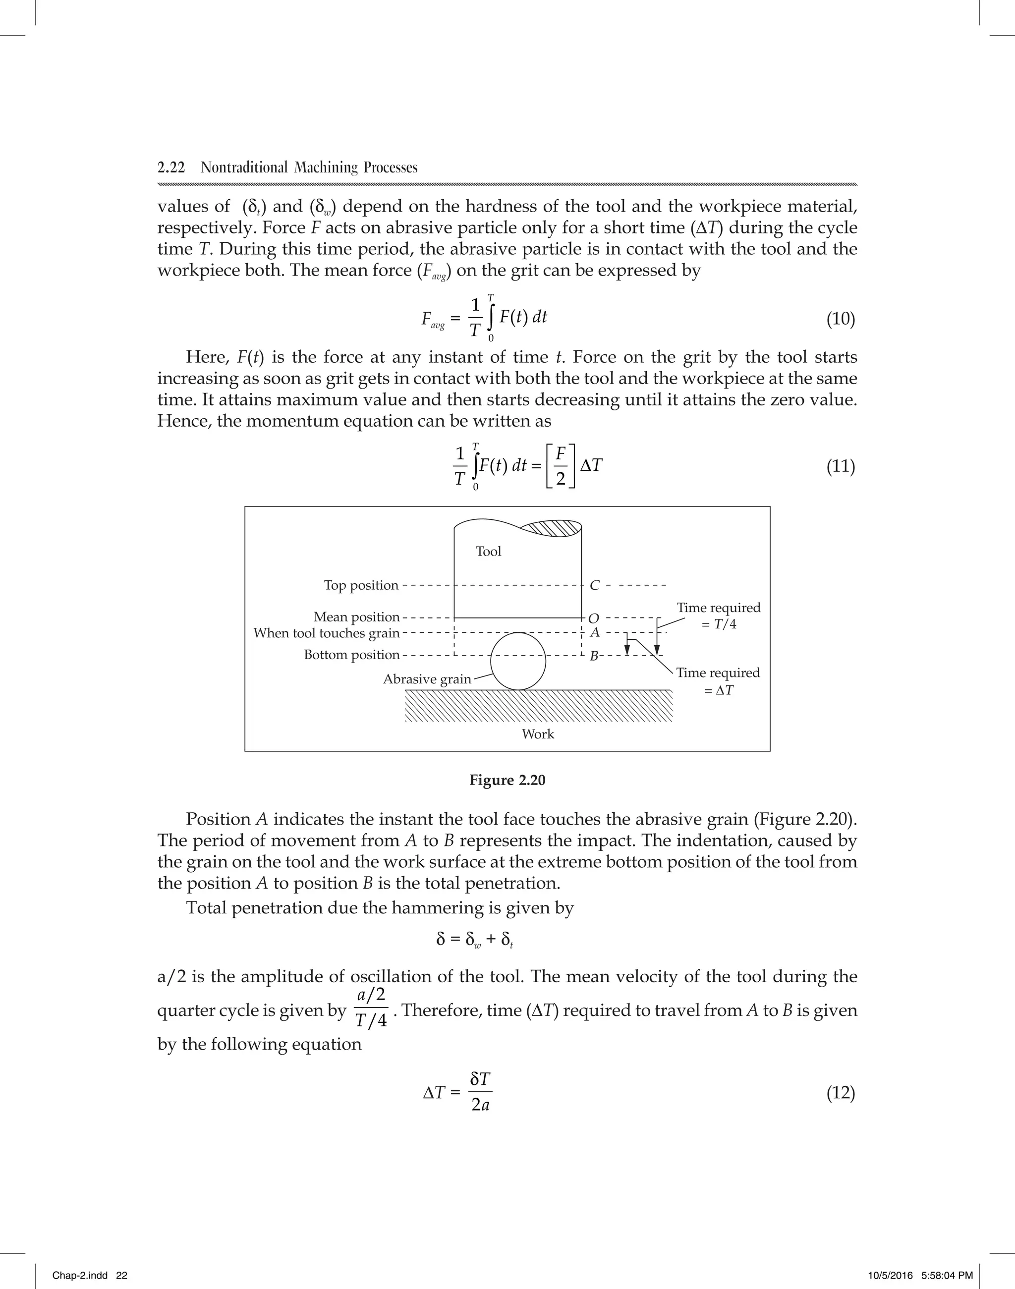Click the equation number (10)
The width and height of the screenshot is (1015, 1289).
click(840, 319)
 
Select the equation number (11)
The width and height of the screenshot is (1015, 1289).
click(840, 466)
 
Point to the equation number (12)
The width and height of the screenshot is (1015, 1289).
click(840, 1093)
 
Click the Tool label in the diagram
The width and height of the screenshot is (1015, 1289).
click(489, 552)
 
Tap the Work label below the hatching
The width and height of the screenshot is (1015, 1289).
click(538, 734)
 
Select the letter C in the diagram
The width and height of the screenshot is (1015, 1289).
click(594, 585)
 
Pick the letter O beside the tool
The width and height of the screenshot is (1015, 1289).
click(594, 618)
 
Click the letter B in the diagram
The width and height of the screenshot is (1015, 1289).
click(593, 657)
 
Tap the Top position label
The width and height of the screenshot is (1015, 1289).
click(361, 585)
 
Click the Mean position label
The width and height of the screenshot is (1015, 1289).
click(356, 617)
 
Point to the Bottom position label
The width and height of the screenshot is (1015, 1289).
click(352, 655)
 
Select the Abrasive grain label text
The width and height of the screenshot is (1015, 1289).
click(427, 679)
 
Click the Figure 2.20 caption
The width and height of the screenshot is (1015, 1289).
click(507, 781)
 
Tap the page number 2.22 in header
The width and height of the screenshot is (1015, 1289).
click(171, 168)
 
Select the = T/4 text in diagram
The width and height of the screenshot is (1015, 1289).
click(719, 624)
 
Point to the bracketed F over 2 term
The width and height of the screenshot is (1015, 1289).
click(561, 466)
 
